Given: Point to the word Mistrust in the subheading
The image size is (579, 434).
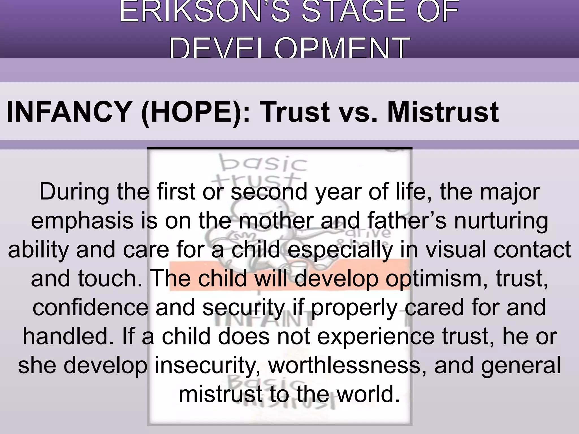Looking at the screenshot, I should click(x=443, y=112).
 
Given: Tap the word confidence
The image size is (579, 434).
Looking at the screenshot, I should click(x=90, y=308).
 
